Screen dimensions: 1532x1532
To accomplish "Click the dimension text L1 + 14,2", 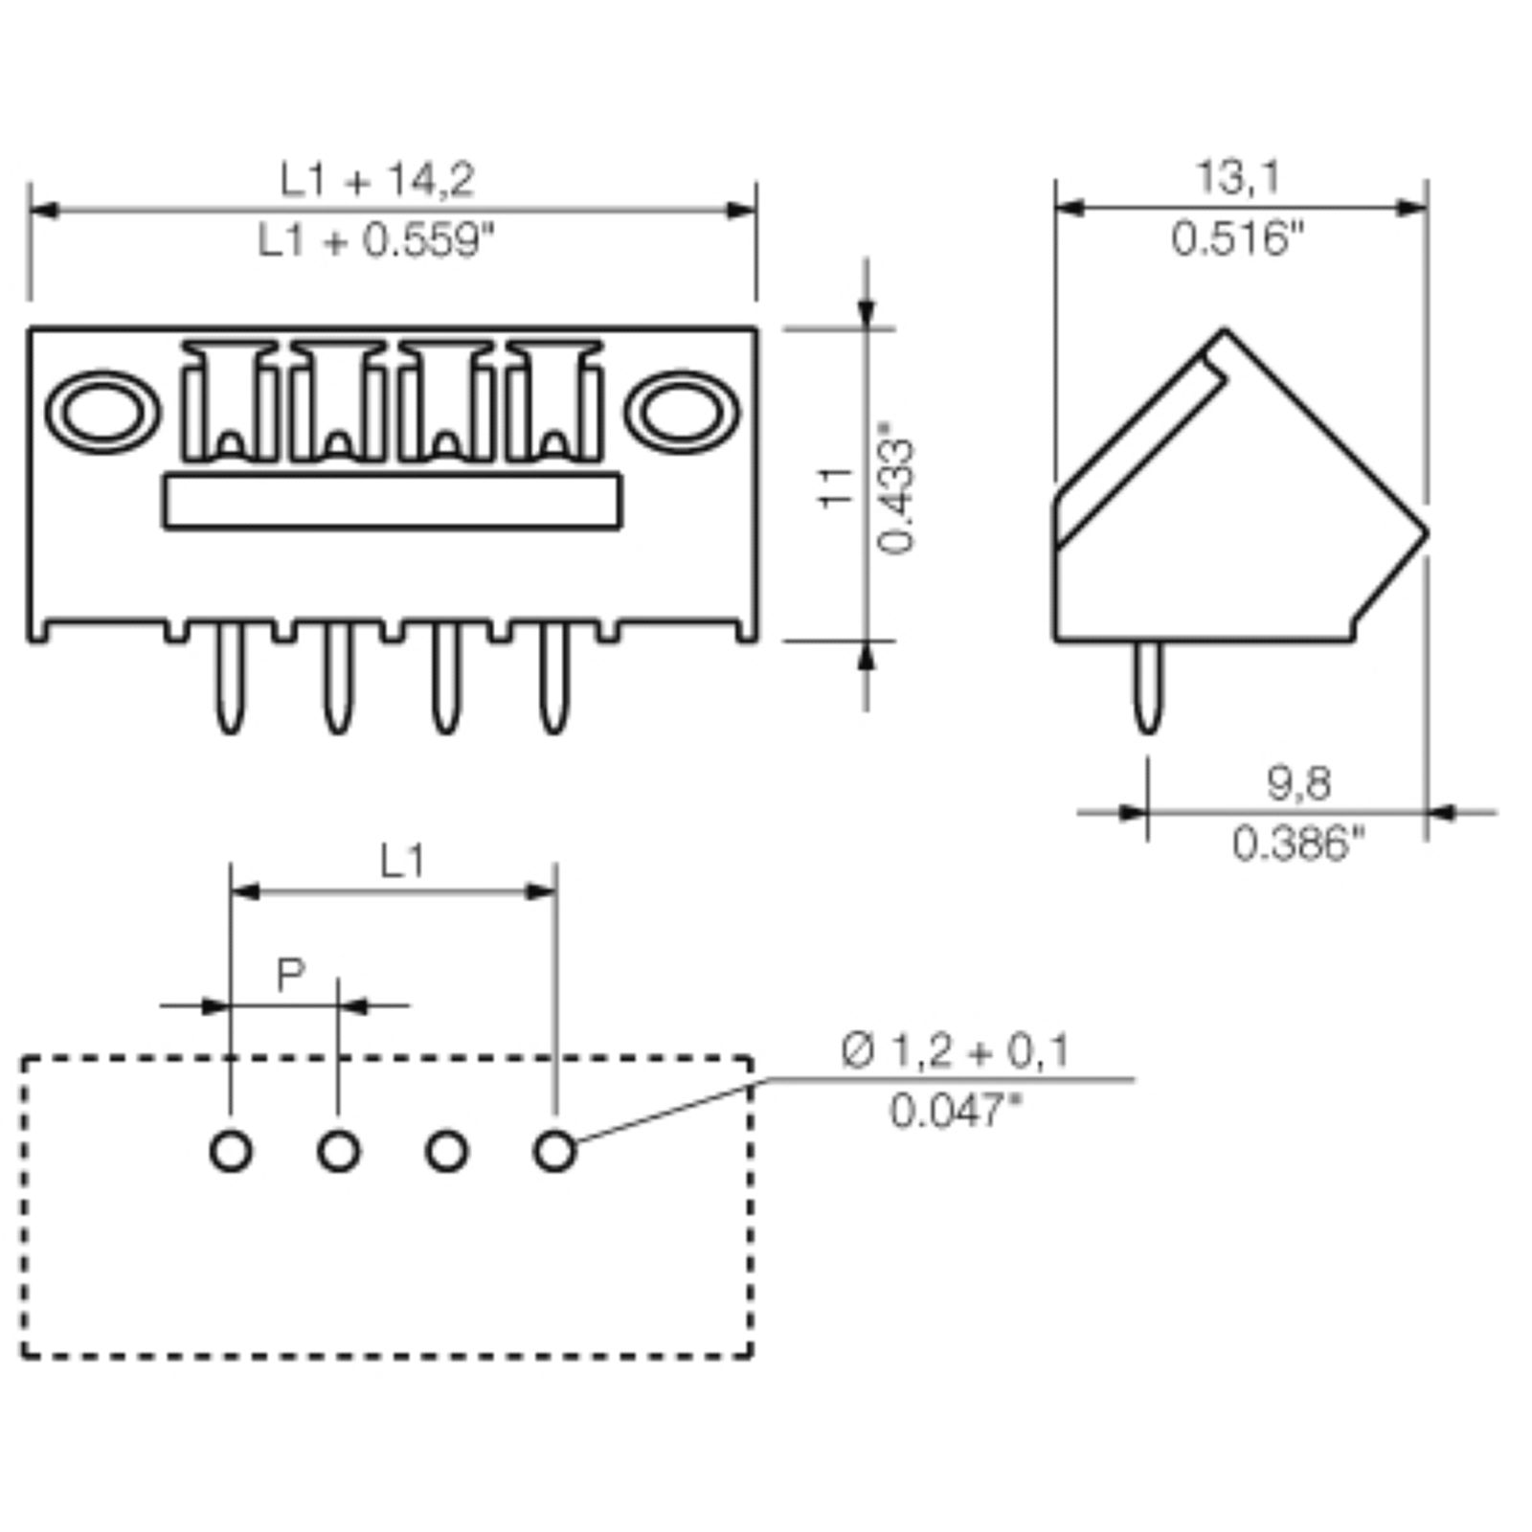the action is pos(376,179).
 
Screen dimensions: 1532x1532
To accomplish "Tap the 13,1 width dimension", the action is pos(1237,178).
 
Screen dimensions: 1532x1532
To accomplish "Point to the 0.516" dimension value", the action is pos(1238,238).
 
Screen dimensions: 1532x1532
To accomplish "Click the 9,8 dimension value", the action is pos(1299,783).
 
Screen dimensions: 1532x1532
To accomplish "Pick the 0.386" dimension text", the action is pos(1298,844).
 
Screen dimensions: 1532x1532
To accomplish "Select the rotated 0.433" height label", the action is pos(897,496).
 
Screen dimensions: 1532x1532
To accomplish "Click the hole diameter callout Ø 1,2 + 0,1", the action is pos(955,1051).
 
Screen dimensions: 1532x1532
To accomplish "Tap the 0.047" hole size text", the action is pos(956,1112).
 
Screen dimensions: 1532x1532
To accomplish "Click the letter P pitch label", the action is pos(290,975).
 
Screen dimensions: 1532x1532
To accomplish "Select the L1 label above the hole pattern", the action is pos(402,863).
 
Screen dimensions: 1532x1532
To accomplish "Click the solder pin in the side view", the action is pos(1148,686).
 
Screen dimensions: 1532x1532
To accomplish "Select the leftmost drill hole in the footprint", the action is pos(231,1151).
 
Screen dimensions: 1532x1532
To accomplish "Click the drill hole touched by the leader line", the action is pos(554,1151).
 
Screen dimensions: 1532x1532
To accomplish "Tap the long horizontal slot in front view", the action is pos(392,501).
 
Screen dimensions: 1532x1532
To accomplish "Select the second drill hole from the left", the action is pos(339,1151).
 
